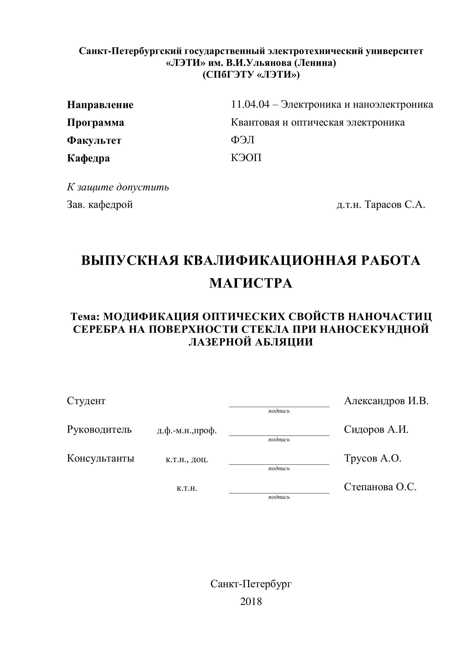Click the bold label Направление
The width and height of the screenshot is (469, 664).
100,105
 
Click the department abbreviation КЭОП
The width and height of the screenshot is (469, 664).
246,158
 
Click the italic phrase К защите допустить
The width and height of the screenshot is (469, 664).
118,187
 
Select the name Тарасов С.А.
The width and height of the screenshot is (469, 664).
395,205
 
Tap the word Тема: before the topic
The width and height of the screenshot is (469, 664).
85,317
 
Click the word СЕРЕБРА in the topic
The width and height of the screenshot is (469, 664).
99,329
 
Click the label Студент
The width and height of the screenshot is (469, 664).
86,401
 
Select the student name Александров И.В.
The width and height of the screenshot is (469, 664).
386,401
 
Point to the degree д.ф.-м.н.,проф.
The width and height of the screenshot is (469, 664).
187,431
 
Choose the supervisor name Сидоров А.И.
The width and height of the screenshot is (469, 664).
376,430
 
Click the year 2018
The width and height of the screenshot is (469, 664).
251,602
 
